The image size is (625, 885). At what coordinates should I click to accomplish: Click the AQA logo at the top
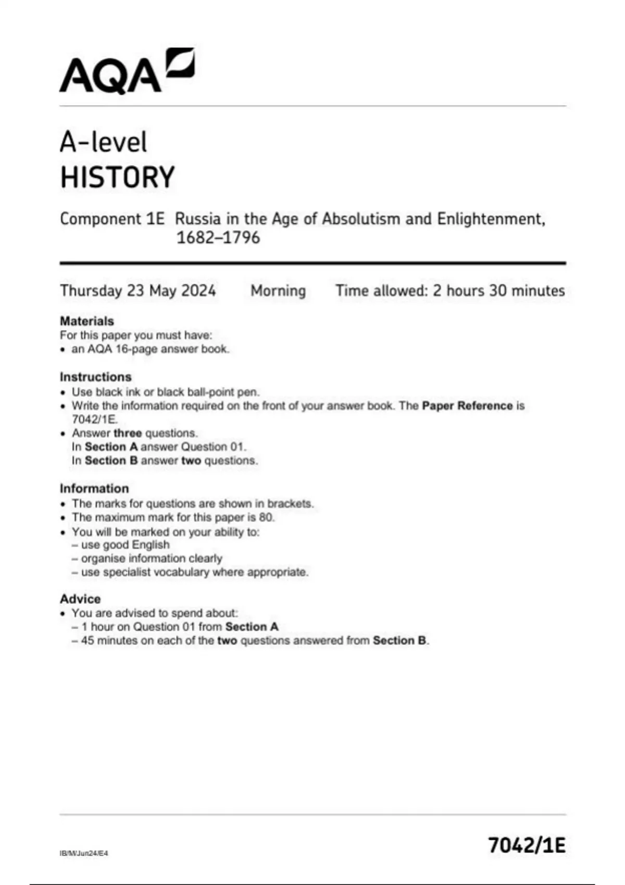(x=127, y=71)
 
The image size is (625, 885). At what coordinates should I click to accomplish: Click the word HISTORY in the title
(x=117, y=177)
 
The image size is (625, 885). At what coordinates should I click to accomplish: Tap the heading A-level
(x=103, y=142)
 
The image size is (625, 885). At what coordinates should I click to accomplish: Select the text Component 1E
(x=112, y=219)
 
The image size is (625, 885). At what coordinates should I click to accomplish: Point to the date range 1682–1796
(x=218, y=238)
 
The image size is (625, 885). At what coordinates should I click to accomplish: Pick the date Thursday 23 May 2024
(x=137, y=290)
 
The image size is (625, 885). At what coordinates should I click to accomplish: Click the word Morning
(x=278, y=290)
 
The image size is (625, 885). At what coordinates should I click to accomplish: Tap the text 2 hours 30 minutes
(x=498, y=290)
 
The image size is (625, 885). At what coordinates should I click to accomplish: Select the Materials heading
(x=86, y=321)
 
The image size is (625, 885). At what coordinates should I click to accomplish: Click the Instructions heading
(x=95, y=376)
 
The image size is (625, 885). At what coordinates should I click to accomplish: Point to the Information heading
(x=94, y=488)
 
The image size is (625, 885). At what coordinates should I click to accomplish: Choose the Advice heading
(x=80, y=599)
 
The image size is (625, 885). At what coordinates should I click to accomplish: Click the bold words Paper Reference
(x=467, y=406)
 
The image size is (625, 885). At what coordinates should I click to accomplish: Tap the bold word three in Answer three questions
(x=127, y=433)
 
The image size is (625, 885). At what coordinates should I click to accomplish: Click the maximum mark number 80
(x=266, y=517)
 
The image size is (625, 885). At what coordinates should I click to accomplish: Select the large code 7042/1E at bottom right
(x=527, y=845)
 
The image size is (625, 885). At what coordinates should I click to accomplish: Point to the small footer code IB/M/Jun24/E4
(x=84, y=853)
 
